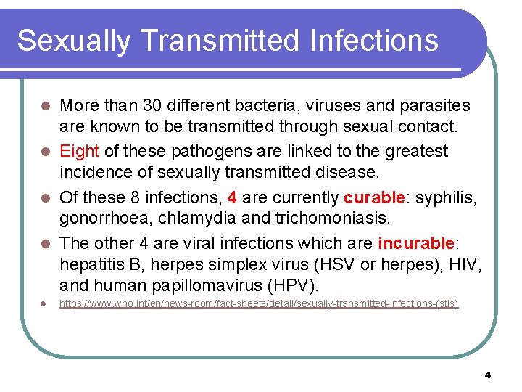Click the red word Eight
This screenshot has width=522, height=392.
coord(80,151)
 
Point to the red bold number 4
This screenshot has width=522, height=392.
coord(232,197)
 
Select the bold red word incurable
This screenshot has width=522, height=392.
coord(415,242)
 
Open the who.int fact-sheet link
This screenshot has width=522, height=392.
coord(259,303)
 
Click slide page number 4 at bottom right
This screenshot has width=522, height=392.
coord(487,375)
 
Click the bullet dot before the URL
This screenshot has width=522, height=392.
coord(44,303)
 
